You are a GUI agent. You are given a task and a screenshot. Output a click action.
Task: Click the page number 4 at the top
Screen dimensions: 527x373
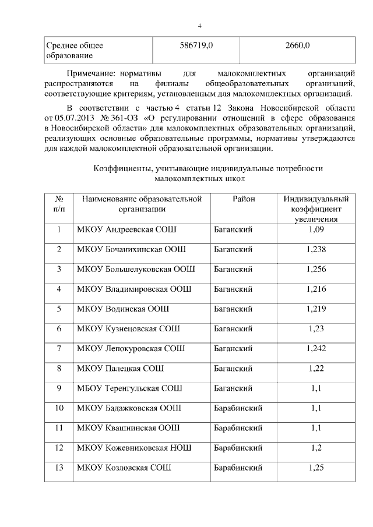pyautogui.click(x=199, y=26)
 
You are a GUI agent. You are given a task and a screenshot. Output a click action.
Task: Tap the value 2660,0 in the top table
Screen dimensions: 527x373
pyautogui.click(x=297, y=45)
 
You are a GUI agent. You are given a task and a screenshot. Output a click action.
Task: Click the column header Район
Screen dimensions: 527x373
pyautogui.click(x=244, y=199)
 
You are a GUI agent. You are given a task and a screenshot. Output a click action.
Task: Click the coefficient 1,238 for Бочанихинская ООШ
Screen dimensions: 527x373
pyautogui.click(x=316, y=249)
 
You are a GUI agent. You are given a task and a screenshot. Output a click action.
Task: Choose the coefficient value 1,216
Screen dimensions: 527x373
pyautogui.click(x=316, y=289)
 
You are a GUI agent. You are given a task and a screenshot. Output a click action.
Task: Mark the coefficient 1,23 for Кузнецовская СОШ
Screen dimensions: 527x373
pyautogui.click(x=316, y=328)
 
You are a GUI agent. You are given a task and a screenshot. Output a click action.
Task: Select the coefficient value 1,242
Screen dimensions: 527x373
pyautogui.click(x=316, y=348)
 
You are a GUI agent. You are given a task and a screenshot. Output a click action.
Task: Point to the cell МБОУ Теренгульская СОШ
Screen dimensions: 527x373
pyautogui.click(x=129, y=388)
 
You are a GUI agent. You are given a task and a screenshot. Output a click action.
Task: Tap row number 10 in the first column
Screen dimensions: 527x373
pyautogui.click(x=59, y=408)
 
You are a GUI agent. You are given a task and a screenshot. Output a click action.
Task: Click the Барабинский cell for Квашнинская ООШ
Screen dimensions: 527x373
pyautogui.click(x=238, y=427)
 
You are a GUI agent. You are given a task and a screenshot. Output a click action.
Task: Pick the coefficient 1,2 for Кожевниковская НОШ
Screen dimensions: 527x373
pyautogui.click(x=316, y=447)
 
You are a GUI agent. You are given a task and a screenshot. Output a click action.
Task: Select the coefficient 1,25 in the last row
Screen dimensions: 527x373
pyautogui.click(x=316, y=467)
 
